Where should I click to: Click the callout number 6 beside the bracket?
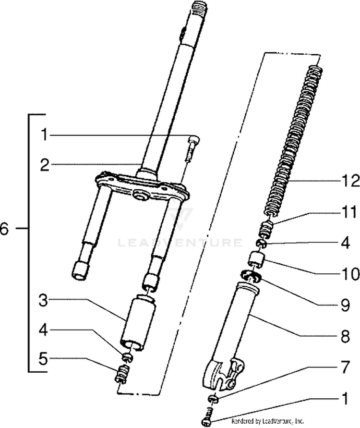4,229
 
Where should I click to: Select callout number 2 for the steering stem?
44,166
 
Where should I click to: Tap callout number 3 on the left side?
44,301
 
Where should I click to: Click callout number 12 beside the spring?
351,181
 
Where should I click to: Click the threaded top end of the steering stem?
198,10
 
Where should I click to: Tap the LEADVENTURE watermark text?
180,243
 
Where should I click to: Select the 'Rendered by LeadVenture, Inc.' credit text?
268,421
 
